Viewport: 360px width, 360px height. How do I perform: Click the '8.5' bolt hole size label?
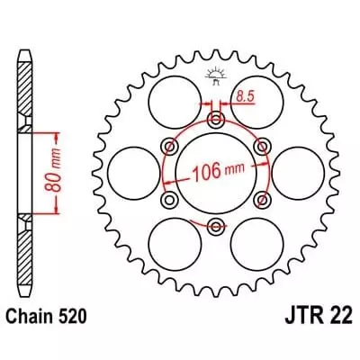click(244, 94)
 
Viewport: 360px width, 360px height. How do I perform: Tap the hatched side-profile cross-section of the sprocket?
click(23, 171)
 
